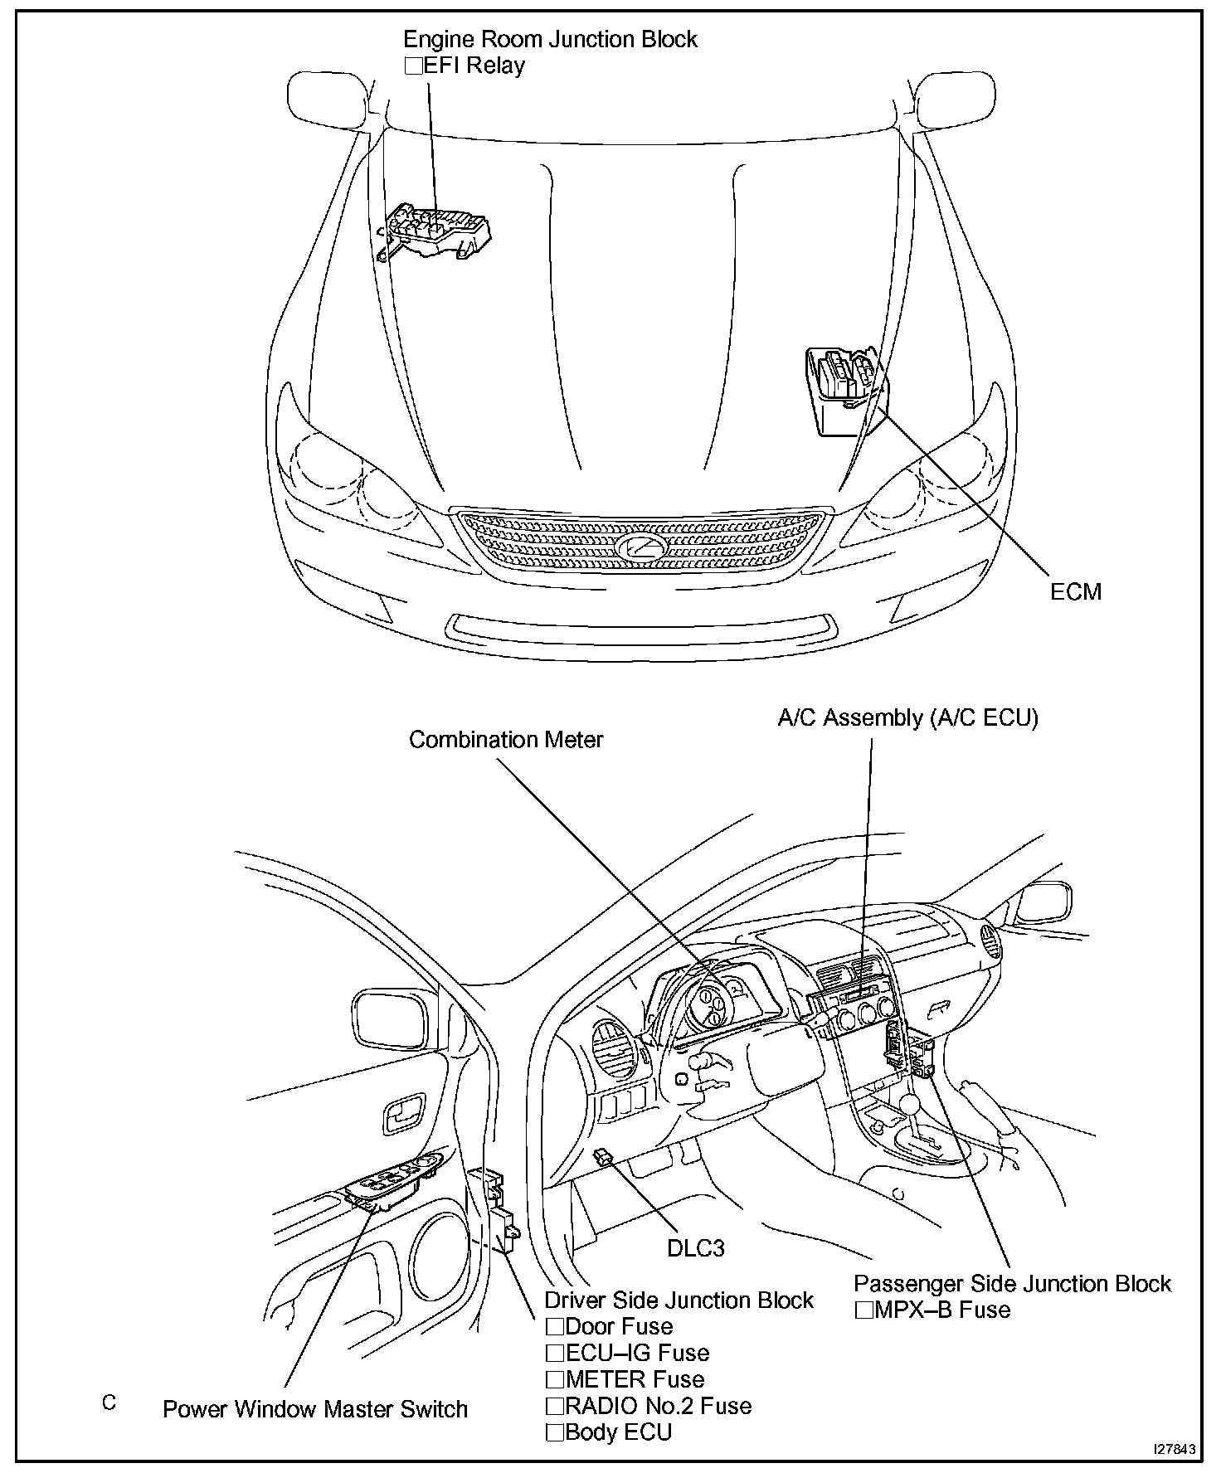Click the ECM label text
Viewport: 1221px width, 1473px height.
[1076, 591]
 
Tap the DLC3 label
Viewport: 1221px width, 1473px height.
[696, 1247]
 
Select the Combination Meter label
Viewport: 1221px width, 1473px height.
[506, 739]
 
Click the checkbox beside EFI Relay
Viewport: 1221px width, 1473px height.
[413, 66]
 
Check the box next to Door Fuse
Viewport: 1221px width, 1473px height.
[555, 1326]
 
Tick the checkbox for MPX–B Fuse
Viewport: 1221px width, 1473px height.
[864, 1310]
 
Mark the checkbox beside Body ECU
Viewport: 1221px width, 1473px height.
[555, 1432]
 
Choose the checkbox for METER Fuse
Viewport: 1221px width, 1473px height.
[555, 1379]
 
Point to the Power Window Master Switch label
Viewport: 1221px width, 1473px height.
[315, 1409]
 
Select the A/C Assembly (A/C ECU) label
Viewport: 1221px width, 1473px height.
[907, 717]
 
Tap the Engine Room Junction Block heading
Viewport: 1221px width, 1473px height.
[550, 39]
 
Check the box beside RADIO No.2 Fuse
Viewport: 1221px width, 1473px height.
[555, 1406]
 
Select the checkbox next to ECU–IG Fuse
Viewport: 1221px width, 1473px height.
[555, 1353]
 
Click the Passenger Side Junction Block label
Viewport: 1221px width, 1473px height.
[1012, 1283]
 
